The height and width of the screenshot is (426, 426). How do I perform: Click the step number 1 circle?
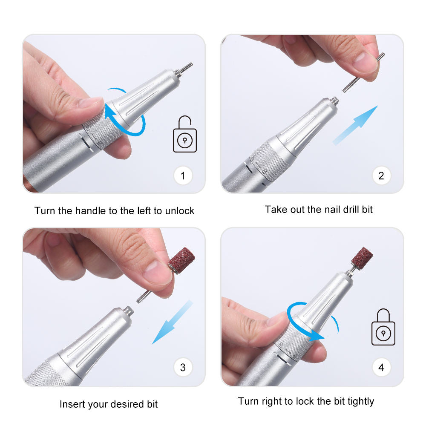click(x=183, y=176)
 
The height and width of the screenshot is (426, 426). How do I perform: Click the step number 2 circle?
click(x=381, y=176)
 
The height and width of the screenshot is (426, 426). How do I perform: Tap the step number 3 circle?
click(x=183, y=367)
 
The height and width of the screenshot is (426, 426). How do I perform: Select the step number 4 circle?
click(x=381, y=367)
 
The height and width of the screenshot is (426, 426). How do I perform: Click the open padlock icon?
click(x=185, y=134)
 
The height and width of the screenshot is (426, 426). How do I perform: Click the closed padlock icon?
click(x=383, y=327)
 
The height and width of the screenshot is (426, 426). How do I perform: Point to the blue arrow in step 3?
click(x=173, y=322)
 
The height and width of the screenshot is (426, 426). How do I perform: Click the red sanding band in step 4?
click(x=362, y=258)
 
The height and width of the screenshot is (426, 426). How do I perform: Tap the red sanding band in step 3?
click(x=181, y=261)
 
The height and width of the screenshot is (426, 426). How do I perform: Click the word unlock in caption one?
click(x=180, y=211)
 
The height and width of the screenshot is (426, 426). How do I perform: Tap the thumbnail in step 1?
click(x=90, y=102)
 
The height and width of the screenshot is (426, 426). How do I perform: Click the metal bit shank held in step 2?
click(x=363, y=72)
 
